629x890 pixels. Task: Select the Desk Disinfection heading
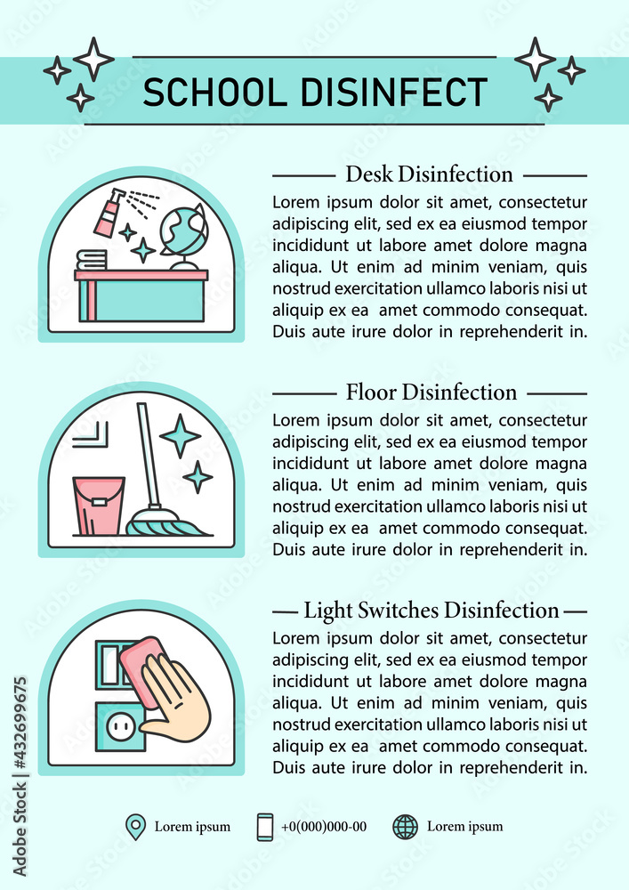point(429,174)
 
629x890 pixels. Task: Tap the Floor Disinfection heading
point(431,392)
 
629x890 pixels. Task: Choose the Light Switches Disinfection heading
point(431,611)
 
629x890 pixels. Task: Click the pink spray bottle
point(107,214)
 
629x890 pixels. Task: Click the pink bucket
point(98,506)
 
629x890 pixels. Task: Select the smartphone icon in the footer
point(265,827)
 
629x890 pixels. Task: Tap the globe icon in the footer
point(405,827)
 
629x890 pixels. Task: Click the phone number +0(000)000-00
point(323,827)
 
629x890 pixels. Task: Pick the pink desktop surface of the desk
point(141,275)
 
